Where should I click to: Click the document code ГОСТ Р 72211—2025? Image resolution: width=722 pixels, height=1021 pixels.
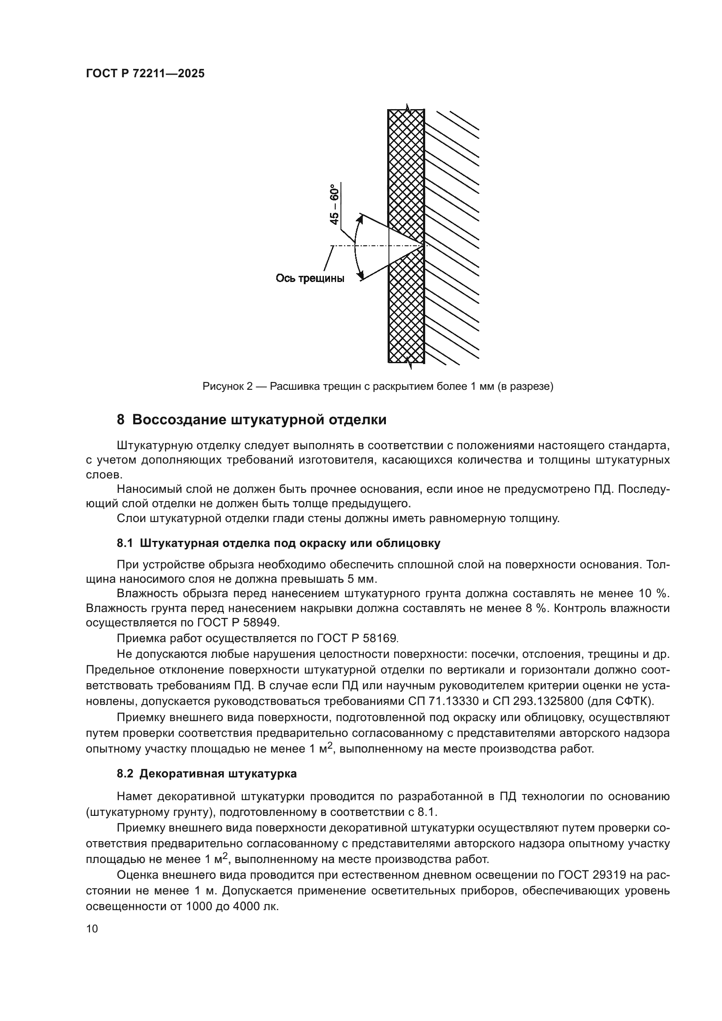click(x=145, y=74)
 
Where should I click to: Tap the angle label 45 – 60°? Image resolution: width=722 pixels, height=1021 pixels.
click(x=334, y=204)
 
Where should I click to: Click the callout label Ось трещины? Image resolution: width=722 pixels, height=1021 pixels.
click(x=310, y=279)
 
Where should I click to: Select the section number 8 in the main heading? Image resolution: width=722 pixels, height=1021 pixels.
click(x=120, y=420)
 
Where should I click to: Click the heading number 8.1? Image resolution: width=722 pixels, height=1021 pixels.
click(x=125, y=543)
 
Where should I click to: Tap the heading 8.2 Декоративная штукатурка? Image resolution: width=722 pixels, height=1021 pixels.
click(x=207, y=773)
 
